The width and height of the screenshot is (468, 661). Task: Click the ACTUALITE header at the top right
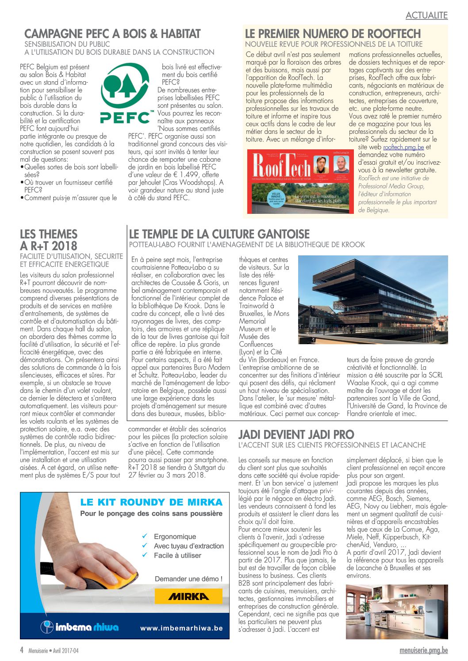(x=426, y=15)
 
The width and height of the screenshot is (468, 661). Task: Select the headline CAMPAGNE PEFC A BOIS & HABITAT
(x=112, y=34)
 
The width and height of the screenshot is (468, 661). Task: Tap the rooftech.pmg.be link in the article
(x=403, y=147)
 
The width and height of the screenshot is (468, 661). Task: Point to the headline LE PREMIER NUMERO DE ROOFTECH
(x=333, y=34)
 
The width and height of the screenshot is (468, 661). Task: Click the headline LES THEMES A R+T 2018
(x=49, y=240)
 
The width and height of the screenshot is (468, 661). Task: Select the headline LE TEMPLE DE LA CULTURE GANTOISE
(x=219, y=234)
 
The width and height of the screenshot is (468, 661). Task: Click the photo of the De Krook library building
(x=372, y=300)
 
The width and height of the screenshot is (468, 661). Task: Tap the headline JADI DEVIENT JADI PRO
(x=296, y=434)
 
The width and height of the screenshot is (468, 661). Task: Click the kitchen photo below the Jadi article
(x=396, y=612)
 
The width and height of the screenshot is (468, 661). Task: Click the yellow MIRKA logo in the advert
(x=188, y=596)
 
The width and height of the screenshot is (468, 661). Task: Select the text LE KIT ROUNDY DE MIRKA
(x=151, y=502)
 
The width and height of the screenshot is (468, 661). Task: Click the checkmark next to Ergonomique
(x=145, y=536)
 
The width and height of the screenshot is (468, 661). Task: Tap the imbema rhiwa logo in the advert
(x=80, y=627)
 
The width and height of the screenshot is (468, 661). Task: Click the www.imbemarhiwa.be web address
(x=181, y=628)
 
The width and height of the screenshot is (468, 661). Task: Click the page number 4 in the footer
(x=22, y=650)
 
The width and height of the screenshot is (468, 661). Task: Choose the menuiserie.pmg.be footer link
(x=423, y=650)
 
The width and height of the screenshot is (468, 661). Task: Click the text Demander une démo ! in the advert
(x=188, y=579)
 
